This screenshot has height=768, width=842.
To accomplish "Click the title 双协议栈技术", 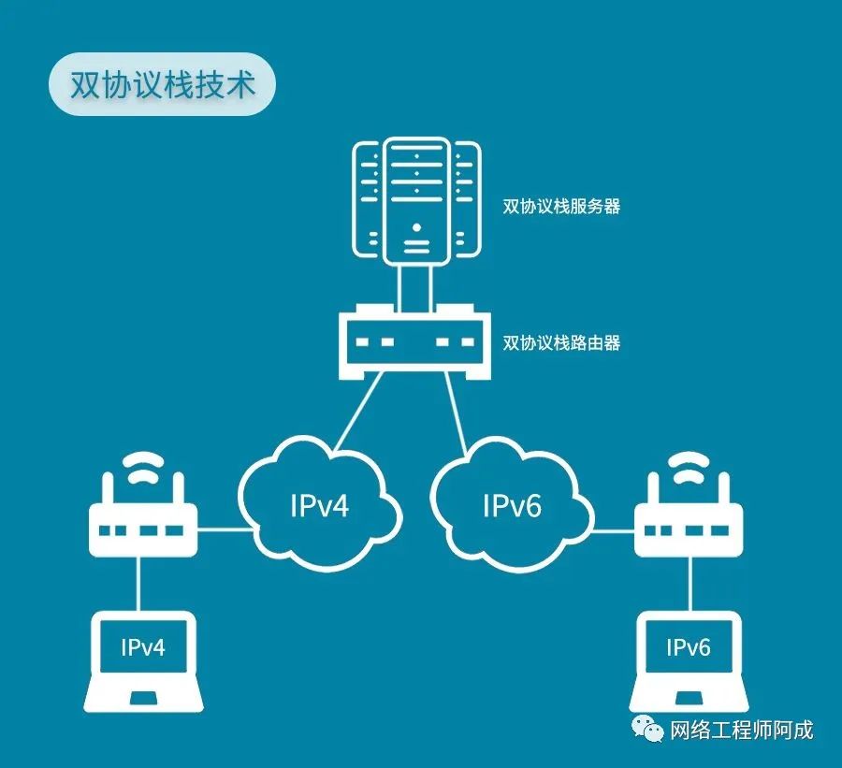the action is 163,84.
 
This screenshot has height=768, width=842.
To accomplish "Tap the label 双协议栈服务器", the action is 561,206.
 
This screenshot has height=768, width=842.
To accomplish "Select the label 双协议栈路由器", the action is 561,342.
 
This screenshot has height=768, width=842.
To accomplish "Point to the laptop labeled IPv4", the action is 143,661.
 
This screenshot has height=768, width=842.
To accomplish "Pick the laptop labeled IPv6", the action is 689,661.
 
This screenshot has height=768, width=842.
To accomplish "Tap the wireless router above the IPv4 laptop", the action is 143,514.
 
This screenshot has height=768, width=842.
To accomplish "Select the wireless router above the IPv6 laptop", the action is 689,514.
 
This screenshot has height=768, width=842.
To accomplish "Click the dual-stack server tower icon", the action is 416,201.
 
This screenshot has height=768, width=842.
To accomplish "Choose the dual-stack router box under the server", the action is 415,342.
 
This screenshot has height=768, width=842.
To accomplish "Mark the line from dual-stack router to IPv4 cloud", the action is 358,411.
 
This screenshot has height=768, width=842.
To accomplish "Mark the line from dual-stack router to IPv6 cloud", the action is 456,414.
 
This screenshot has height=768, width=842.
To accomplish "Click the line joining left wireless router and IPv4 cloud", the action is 225,529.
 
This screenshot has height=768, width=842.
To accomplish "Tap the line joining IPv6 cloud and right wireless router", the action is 613,531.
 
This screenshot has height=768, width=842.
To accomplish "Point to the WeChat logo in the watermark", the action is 647,729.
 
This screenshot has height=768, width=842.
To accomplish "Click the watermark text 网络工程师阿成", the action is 742,731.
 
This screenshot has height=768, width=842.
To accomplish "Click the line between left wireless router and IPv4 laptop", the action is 138,584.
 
